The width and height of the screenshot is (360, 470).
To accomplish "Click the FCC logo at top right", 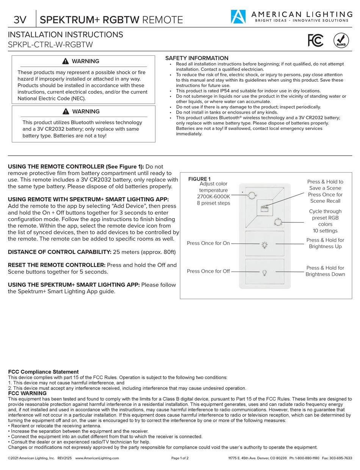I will click(315, 40).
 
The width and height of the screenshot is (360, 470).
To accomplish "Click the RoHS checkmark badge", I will click(341, 40).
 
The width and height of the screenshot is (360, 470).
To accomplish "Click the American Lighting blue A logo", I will click(238, 17).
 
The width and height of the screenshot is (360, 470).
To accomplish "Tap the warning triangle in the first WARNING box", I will click(66, 61).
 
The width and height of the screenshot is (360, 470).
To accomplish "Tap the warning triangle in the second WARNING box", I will click(66, 112).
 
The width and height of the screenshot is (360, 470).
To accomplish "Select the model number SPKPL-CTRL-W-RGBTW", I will click(50, 45).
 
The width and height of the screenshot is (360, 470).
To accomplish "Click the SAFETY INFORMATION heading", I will click(197, 58).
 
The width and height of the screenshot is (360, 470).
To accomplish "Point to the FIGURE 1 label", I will click(199, 179).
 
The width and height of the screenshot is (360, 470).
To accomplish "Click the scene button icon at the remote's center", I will click(265, 208).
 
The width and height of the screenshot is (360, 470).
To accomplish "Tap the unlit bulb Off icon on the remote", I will click(265, 272).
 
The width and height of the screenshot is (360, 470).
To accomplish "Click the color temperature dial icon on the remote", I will click(251, 195).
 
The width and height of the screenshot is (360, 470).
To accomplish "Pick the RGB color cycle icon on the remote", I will click(277, 222).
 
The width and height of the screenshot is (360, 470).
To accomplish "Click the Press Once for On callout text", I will click(208, 243).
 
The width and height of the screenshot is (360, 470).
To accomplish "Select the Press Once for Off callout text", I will click(208, 271).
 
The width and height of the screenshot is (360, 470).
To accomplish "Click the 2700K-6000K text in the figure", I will click(213, 197).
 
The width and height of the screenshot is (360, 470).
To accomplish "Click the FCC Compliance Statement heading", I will click(43, 372).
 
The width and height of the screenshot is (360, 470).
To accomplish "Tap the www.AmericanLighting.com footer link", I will click(97, 458).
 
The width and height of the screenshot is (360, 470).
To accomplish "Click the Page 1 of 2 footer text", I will click(180, 458).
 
